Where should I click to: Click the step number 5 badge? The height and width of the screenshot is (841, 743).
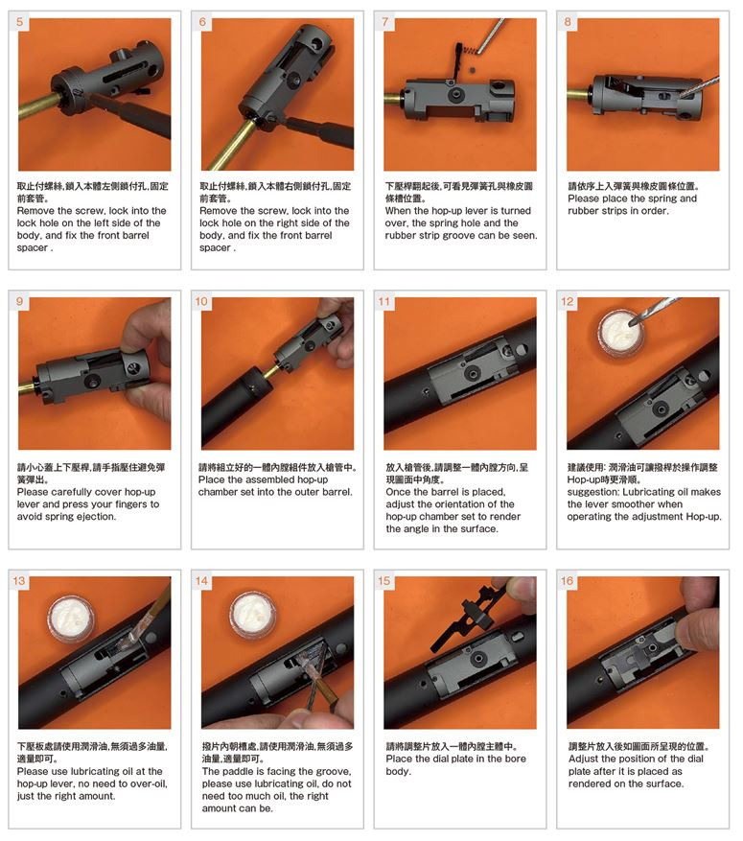coord(20,22)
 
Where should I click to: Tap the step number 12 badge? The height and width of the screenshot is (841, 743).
coord(568,301)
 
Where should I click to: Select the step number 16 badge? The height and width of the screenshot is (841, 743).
coord(568,581)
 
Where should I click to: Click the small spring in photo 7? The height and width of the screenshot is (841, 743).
coord(470,51)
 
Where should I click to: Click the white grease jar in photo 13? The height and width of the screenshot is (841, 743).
coord(72,619)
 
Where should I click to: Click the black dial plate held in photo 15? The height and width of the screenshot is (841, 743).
coord(469,616)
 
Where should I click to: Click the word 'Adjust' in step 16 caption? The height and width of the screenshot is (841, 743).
coord(583,759)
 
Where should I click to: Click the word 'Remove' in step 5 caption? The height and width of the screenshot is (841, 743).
coord(36,211)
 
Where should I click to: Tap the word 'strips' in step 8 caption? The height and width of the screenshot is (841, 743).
coord(615,211)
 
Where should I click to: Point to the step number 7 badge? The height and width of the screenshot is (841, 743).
coord(385,22)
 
